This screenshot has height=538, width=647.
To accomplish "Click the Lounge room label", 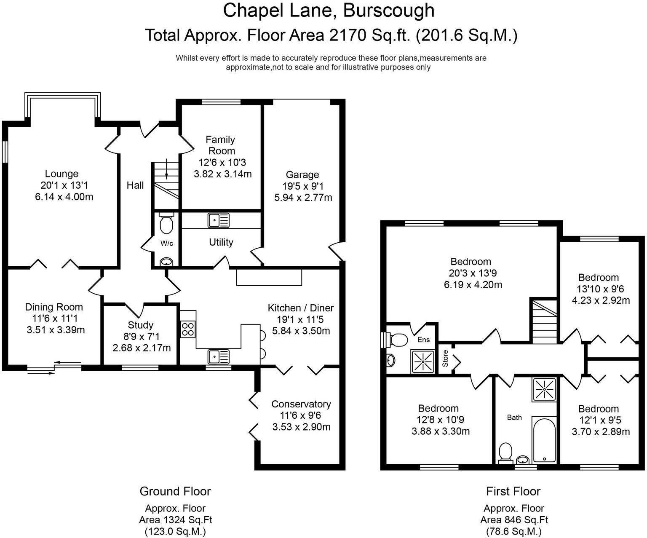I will [x=61, y=174].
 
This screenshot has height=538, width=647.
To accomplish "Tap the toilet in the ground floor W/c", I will [x=166, y=224].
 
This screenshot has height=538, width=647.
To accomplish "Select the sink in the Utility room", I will [x=218, y=220].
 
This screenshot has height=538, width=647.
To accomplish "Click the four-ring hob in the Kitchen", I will [x=187, y=329].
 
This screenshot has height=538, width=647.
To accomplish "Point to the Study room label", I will [x=140, y=325].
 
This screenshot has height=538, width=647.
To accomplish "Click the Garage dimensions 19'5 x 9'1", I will [x=303, y=186].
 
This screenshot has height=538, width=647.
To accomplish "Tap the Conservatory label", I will [x=301, y=404].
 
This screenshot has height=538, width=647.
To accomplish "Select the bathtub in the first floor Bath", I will [x=544, y=440].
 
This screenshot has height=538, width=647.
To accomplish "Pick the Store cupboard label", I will [x=445, y=359].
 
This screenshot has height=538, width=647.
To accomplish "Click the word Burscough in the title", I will [x=389, y=11].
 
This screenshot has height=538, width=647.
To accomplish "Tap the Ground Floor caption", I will [x=175, y=491].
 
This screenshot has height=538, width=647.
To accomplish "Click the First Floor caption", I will [x=513, y=491].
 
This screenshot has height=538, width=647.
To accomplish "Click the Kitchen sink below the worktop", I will [x=218, y=357].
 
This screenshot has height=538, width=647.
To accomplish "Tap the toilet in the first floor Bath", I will [x=505, y=452].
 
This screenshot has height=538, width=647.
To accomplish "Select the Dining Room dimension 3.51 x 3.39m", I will [x=56, y=330].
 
